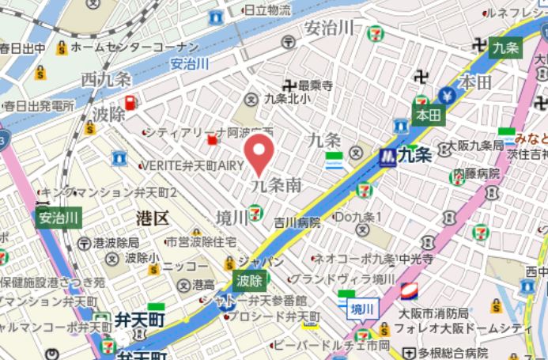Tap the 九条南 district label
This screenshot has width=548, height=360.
276,186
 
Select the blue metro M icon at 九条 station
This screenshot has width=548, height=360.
387,155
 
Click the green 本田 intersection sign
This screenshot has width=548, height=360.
428,116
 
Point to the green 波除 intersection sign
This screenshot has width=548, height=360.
249,279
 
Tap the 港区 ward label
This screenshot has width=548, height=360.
152,218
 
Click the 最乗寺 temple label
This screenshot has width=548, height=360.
315,84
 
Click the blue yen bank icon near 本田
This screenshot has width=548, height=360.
448,96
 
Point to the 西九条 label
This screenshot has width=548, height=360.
105,80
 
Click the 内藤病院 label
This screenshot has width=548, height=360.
476,172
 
